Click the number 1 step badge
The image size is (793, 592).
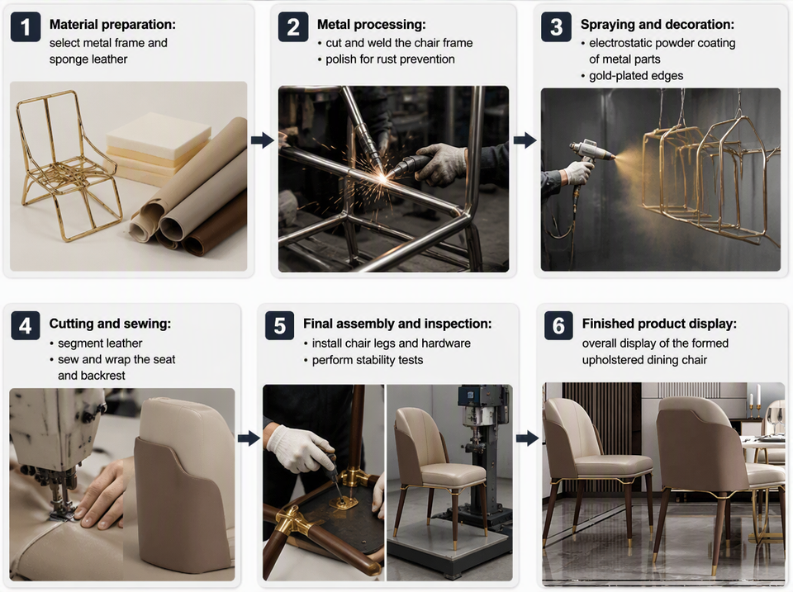26,26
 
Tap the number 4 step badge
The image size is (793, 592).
26,326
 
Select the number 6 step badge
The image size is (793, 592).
558,326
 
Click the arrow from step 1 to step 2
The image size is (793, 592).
262,140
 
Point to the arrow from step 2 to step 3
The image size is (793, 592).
525,140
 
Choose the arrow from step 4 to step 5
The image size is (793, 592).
249,438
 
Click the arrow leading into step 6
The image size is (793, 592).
528,438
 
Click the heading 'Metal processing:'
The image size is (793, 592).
371,24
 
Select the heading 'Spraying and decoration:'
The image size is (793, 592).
658,24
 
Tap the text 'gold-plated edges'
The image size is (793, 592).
636,76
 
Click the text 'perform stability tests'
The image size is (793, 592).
368,360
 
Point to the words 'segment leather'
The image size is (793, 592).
100,343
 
